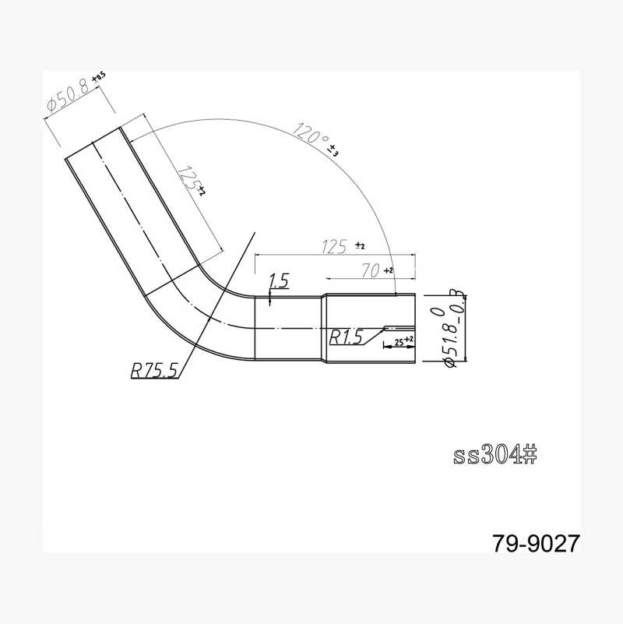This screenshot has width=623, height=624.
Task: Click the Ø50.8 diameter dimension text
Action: point(69,96)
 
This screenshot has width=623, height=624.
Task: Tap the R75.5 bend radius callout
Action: point(154,371)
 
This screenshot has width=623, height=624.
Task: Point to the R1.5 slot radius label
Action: point(346,337)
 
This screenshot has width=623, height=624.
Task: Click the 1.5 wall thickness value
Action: point(279,281)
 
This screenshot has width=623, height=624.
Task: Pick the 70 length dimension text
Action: point(371,271)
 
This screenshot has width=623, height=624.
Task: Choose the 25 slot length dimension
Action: point(399,341)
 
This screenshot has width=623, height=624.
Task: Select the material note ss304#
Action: point(495,454)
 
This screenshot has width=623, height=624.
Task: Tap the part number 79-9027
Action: point(536,543)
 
